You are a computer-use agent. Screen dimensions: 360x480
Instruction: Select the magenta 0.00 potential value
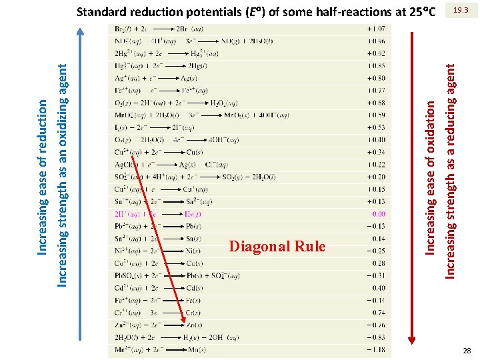378,214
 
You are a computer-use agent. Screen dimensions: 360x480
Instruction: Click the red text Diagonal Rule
277,247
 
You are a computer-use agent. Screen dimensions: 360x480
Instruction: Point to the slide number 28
466,351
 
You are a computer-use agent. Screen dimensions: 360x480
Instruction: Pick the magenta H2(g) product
195,214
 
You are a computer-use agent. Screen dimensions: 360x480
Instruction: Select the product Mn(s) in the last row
197,349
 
